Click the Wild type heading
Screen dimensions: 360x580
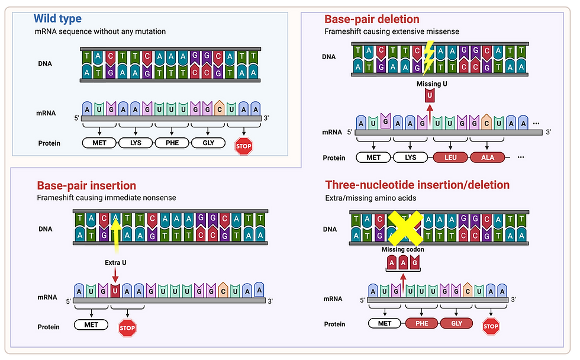point(57,18)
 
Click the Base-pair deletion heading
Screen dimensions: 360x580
point(372,20)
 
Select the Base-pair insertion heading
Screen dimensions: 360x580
point(86,186)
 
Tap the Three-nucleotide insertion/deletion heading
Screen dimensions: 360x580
point(417,185)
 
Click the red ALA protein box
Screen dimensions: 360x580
point(488,157)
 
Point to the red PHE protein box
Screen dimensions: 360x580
point(422,323)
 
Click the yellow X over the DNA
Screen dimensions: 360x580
point(405,229)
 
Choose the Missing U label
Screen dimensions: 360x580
point(431,84)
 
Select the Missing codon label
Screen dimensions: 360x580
point(402,249)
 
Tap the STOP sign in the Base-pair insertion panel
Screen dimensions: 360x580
point(127,327)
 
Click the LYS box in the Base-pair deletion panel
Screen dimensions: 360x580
point(410,157)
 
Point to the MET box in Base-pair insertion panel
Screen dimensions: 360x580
point(91,324)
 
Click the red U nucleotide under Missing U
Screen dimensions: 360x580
point(430,95)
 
